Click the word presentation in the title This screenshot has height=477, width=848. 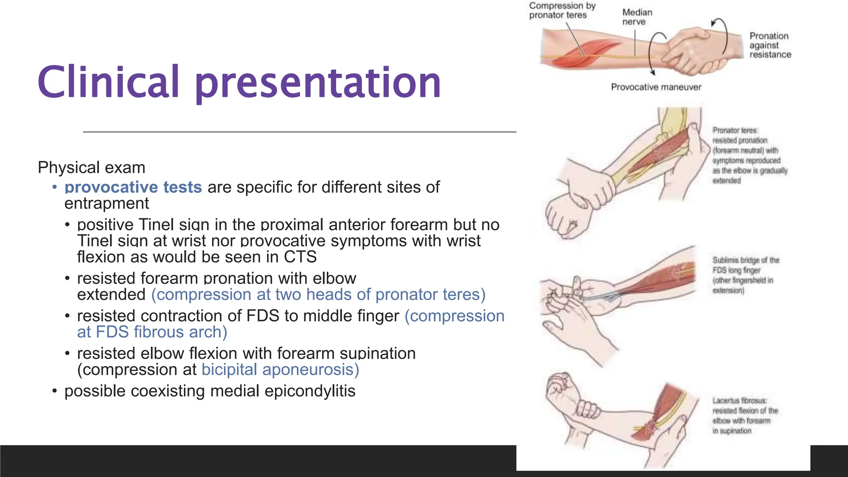pos(318,83)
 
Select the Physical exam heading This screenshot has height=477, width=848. pos(92,168)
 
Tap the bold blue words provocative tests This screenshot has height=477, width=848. pos(133,187)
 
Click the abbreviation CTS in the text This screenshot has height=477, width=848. pos(300,257)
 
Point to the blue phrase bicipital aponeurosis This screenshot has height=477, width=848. pos(280,370)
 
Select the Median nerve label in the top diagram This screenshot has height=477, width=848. pos(637,17)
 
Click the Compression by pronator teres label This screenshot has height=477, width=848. pos(561,10)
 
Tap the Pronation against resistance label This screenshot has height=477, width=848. pos(770,45)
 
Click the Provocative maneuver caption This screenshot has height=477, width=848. pos(656,87)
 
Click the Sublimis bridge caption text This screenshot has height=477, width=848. pos(745,275)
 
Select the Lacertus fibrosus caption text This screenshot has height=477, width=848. pos(744,416)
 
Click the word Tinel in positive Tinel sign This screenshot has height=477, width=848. pos(156,225)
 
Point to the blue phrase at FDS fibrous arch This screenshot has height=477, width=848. pos(152,332)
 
